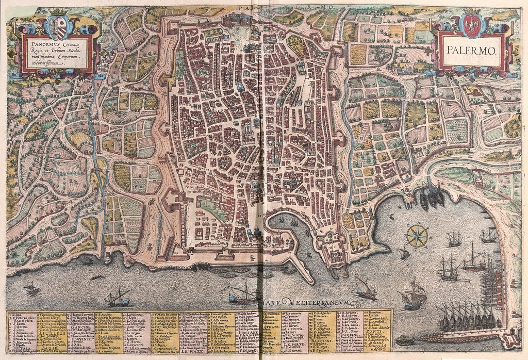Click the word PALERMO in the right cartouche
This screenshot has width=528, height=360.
470,52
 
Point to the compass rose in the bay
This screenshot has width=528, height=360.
417,236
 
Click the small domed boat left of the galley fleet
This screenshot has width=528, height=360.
405,340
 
